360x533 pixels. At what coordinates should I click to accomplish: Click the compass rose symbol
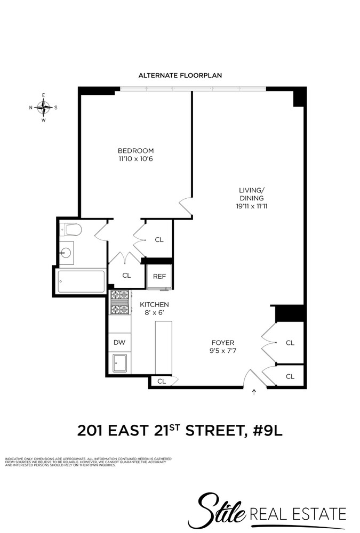click(x=44, y=107)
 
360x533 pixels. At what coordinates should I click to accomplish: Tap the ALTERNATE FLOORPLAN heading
click(x=180, y=76)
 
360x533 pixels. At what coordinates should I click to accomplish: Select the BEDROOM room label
click(x=136, y=150)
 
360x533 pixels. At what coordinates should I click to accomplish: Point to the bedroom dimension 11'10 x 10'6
click(x=136, y=159)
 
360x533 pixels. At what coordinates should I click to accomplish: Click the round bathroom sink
click(x=67, y=252)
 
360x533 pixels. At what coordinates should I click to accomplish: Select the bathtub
click(x=81, y=281)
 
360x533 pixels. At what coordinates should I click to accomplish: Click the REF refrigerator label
click(x=159, y=276)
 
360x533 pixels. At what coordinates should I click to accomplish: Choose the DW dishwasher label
click(x=119, y=343)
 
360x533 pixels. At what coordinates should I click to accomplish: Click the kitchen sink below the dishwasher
click(x=119, y=364)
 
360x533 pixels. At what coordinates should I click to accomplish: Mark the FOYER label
click(x=223, y=342)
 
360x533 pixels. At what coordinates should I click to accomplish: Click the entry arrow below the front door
click(x=254, y=393)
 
